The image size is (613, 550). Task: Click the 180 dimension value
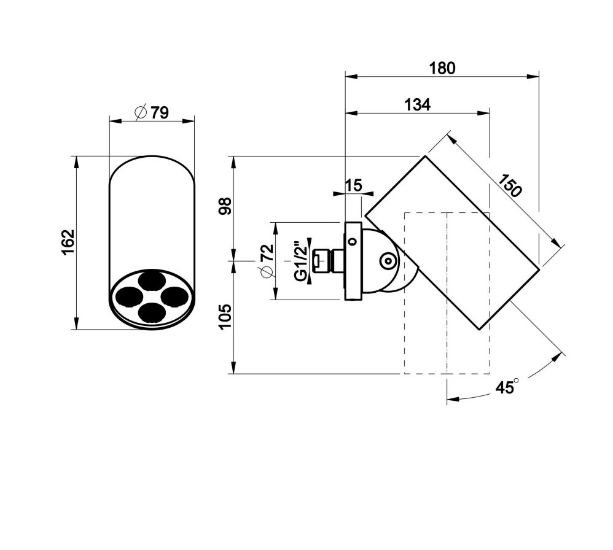click(x=442, y=68)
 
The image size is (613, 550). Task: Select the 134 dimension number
click(x=417, y=105)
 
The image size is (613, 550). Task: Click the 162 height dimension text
click(x=68, y=242)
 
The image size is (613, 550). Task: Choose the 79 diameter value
click(x=160, y=112)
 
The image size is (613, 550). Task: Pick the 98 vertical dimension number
click(x=225, y=206)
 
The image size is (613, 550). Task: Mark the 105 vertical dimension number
click(x=225, y=317)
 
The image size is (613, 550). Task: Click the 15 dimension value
click(x=354, y=185)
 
